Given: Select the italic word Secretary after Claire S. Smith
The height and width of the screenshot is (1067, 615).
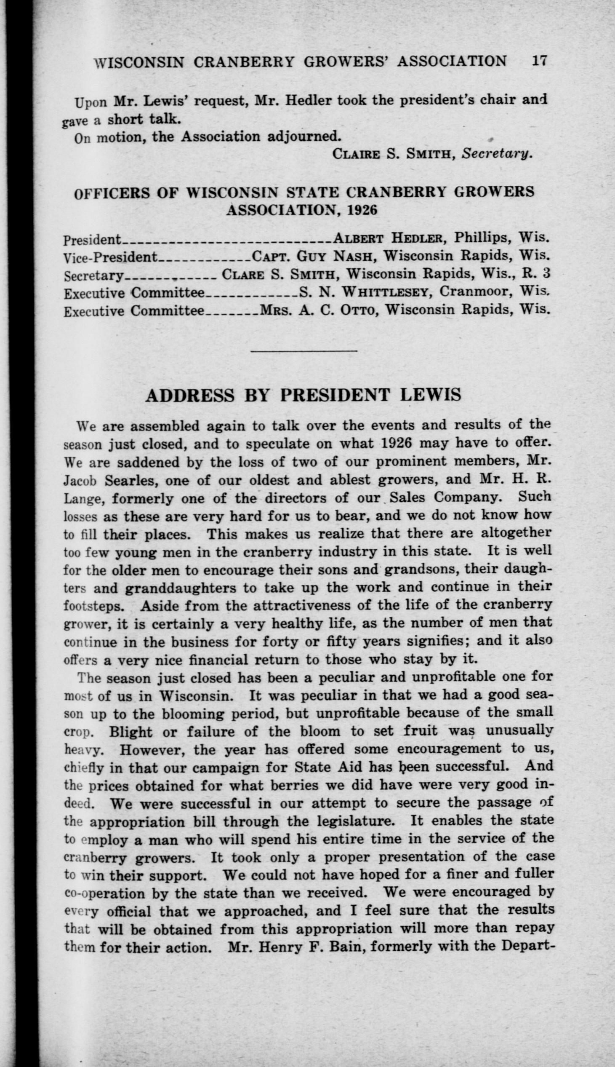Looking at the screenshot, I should tap(496, 154).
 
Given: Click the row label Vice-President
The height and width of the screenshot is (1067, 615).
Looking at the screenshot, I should tap(110, 257).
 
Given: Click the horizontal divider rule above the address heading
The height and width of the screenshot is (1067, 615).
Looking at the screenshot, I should tap(304, 351).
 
